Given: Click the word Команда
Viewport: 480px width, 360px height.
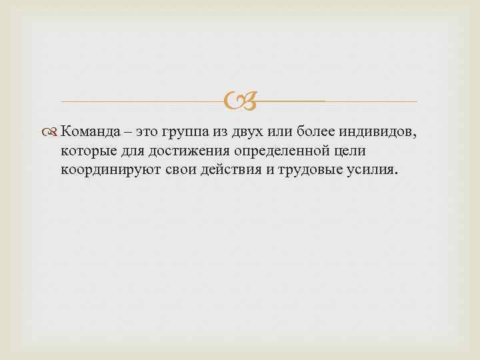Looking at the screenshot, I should click(93, 132).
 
